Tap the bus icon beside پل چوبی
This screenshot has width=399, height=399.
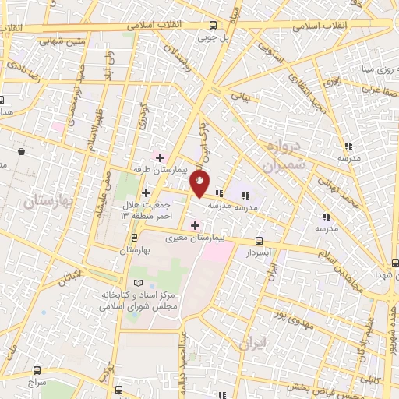(214, 24)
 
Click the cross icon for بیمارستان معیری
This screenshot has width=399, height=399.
(195, 224)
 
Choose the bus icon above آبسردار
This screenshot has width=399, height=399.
(258, 242)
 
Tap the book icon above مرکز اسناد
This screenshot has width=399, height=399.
(139, 281)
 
